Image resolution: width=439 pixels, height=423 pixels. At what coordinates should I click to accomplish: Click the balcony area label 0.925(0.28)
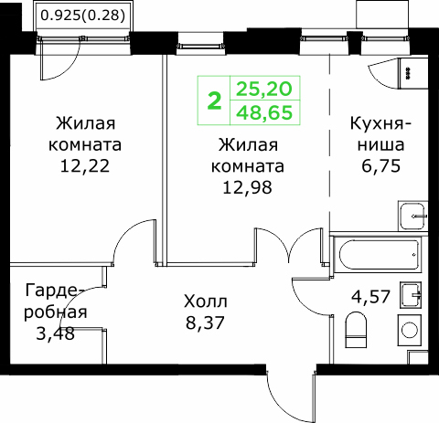tap(83, 16)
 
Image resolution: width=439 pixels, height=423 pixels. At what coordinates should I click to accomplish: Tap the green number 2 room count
tap(214, 101)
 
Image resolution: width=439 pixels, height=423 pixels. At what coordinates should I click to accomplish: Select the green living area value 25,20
tap(264, 90)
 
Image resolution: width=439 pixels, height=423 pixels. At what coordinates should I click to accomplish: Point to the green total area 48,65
tap(264, 112)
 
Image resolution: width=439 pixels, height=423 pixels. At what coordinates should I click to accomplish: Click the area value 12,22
tap(85, 166)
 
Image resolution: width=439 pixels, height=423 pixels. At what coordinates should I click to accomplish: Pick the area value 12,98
tap(247, 187)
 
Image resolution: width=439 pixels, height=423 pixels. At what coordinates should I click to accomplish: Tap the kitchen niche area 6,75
tap(380, 166)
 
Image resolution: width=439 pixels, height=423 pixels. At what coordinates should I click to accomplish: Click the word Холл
tap(206, 301)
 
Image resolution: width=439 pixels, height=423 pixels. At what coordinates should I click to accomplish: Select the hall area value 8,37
tap(205, 323)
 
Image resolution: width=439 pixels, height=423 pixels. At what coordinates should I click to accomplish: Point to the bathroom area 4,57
tap(370, 297)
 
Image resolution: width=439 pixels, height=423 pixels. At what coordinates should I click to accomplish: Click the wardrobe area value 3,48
tap(55, 333)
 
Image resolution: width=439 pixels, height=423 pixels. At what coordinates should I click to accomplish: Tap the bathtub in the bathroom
tap(377, 255)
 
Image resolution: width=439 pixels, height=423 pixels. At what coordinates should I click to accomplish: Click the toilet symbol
tap(356, 330)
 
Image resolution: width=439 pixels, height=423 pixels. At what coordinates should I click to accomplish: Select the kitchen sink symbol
tap(412, 217)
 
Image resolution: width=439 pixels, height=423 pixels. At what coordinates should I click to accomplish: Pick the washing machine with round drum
tap(410, 330)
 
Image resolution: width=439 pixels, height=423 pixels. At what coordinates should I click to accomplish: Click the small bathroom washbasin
tap(411, 295)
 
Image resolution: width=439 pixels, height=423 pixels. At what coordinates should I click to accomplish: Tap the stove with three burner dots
tap(413, 72)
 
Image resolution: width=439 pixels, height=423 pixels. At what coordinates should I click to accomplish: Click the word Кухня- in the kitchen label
tap(380, 124)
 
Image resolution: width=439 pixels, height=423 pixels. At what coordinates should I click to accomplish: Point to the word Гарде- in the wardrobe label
tap(52, 291)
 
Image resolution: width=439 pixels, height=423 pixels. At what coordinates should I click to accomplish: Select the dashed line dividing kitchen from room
tap(330, 143)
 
